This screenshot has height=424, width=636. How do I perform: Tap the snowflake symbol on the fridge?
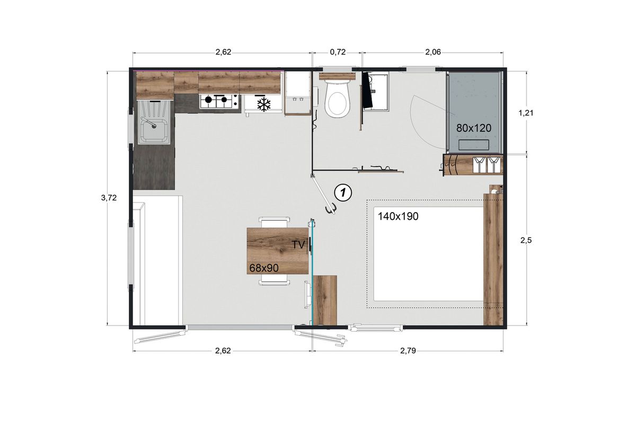[x=264, y=104]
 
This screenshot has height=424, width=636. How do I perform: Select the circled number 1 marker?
[x=343, y=193]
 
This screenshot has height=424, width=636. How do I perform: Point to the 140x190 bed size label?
[x=398, y=216]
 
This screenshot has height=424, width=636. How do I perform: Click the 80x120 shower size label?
[x=474, y=128]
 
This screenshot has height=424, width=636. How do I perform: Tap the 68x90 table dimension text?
[x=264, y=268]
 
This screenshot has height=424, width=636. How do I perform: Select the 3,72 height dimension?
[x=109, y=198]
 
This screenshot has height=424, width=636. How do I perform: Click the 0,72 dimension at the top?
[x=338, y=52]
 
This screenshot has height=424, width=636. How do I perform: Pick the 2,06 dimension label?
[x=433, y=52]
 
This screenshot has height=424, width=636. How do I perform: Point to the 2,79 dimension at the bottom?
[x=408, y=351]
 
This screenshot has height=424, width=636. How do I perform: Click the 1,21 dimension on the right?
[x=526, y=113]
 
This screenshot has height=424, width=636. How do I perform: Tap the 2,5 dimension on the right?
[x=526, y=240]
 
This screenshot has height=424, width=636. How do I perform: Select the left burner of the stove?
[x=209, y=100]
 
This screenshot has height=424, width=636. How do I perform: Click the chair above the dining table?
[x=275, y=222]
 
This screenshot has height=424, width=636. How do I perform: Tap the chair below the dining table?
[x=275, y=280]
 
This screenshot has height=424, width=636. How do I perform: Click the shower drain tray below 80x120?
[x=474, y=145]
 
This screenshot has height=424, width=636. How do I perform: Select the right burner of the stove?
[x=224, y=100]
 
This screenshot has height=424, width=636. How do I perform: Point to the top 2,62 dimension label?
[x=224, y=52]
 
